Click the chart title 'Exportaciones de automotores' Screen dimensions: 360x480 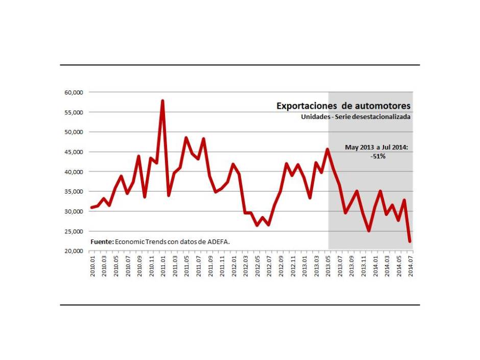(343, 106)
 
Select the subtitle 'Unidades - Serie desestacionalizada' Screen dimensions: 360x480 (356, 117)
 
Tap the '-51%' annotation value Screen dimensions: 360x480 (378, 156)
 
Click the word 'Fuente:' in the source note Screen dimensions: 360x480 (102, 241)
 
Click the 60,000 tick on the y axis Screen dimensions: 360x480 (74, 92)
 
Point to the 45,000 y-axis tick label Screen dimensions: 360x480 (74, 152)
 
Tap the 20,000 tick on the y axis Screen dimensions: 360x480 (74, 251)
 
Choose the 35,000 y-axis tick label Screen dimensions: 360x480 (74, 191)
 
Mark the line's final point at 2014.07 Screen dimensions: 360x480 (410, 242)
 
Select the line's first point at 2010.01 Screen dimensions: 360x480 (92, 207)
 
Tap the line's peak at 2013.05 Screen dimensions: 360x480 (328, 149)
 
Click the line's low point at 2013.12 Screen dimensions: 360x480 (369, 231)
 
